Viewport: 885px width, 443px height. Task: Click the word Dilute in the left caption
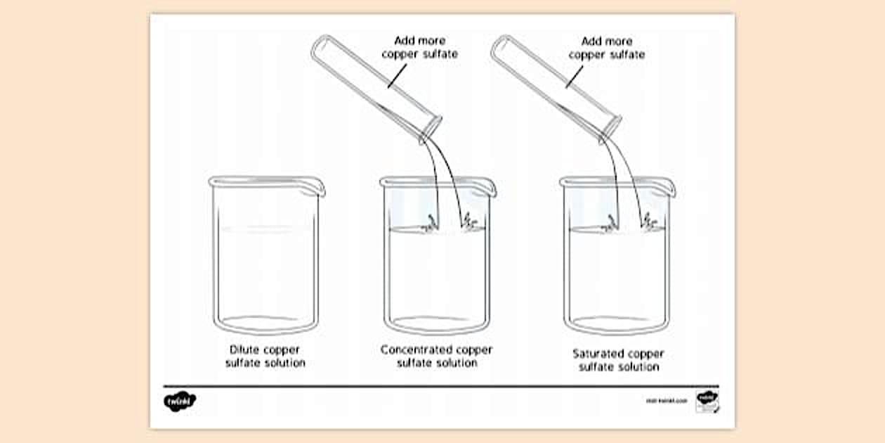click(244, 349)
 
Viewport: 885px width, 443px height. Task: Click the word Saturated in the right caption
click(596, 354)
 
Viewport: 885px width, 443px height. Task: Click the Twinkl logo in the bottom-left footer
click(180, 402)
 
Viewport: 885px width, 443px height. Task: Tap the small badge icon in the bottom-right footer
click(706, 402)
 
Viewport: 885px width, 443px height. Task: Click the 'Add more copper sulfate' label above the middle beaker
click(419, 47)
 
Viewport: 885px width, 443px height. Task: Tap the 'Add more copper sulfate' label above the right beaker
click(606, 47)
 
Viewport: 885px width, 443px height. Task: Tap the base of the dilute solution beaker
click(266, 325)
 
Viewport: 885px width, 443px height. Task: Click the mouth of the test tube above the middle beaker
click(430, 129)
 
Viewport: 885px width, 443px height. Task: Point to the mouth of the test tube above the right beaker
click(610, 129)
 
